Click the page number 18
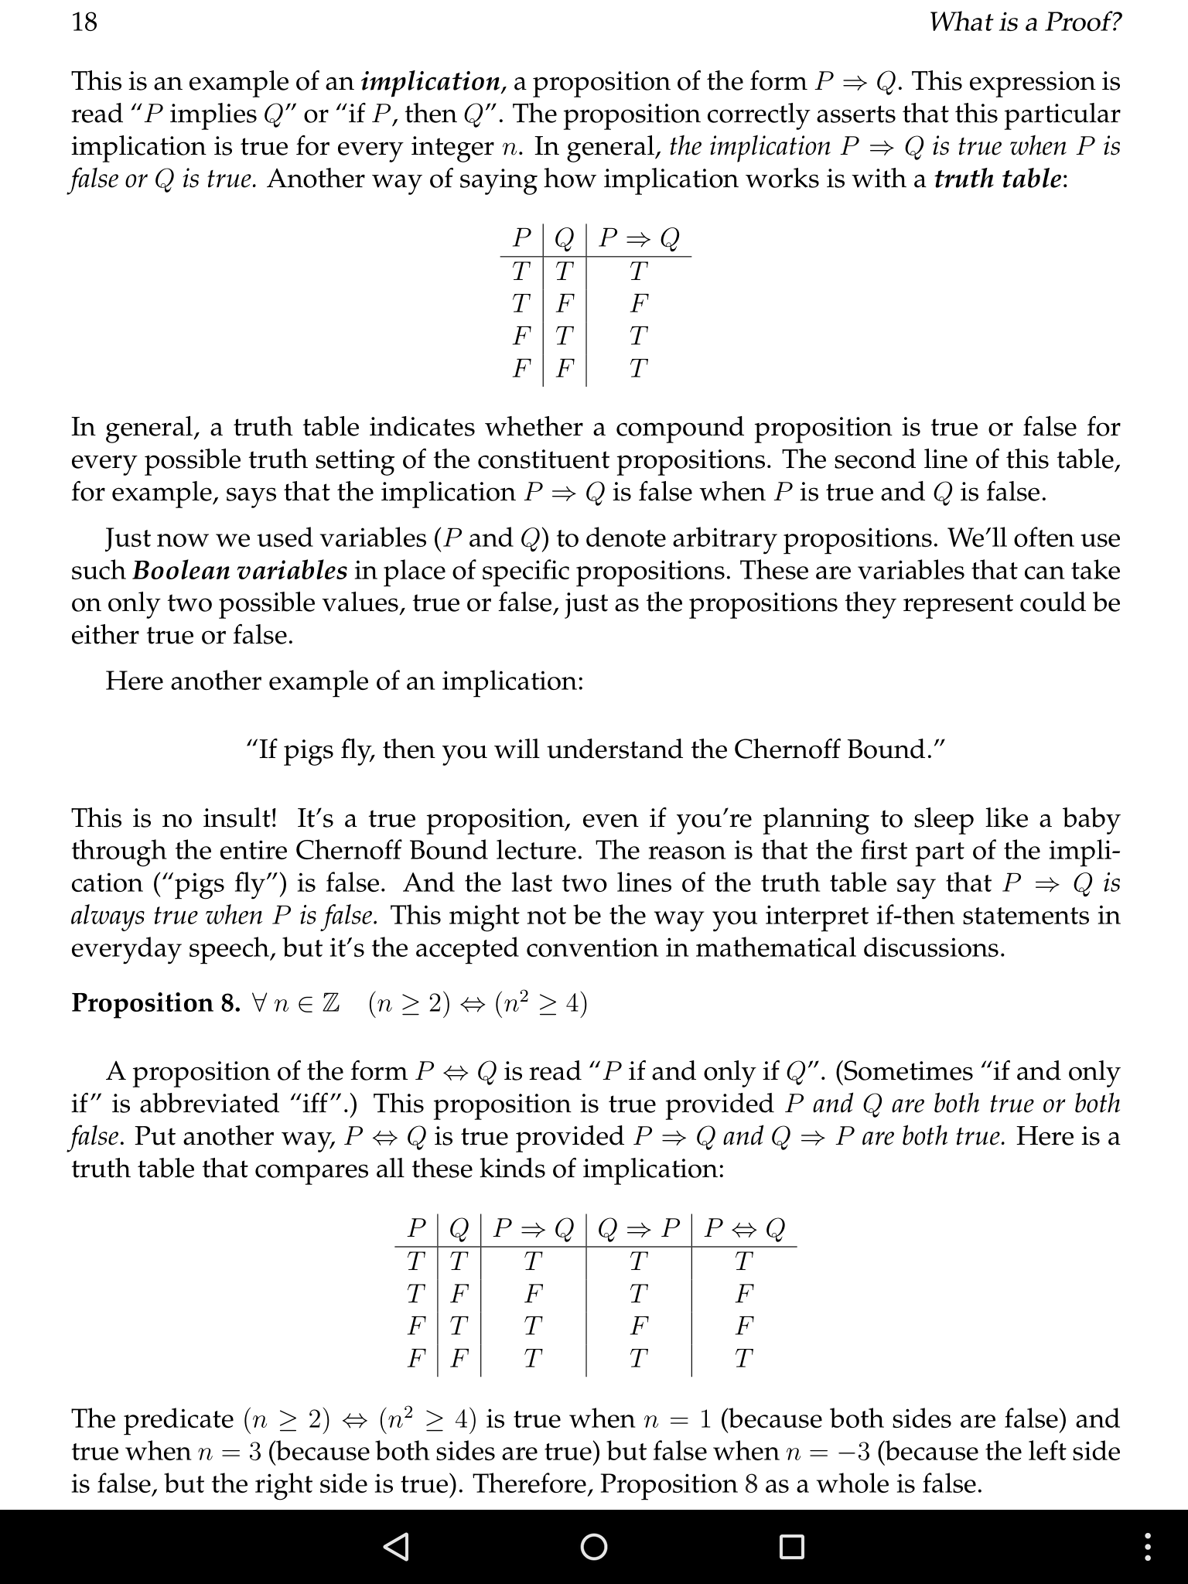(x=84, y=22)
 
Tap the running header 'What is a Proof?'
(x=1024, y=22)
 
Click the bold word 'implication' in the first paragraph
(x=431, y=81)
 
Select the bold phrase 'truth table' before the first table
(x=997, y=179)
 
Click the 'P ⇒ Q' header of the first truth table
(x=639, y=237)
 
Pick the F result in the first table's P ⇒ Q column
(x=638, y=303)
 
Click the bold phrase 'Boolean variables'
(x=240, y=571)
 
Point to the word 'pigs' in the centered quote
(x=308, y=749)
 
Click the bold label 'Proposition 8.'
(x=155, y=1002)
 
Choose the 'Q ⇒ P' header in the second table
(x=639, y=1228)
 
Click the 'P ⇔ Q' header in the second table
(x=744, y=1228)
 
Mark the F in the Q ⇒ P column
(x=638, y=1326)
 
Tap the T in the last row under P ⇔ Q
(x=743, y=1358)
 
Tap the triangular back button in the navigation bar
(x=396, y=1546)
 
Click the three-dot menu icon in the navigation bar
(x=1148, y=1546)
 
